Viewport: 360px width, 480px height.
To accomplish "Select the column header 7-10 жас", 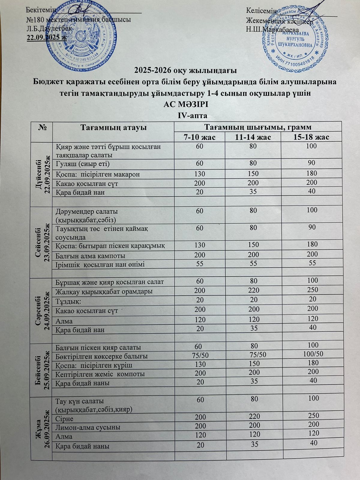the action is point(200,137).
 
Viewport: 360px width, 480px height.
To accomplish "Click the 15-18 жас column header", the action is point(312,137).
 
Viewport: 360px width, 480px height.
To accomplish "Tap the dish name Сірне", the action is point(65,418).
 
